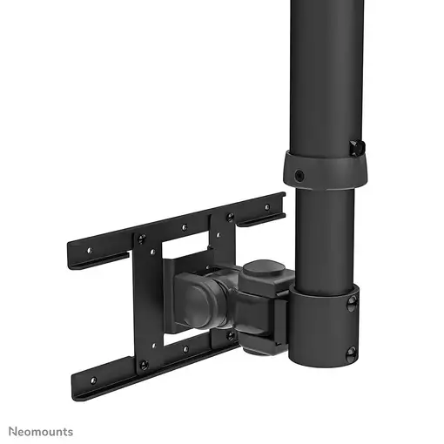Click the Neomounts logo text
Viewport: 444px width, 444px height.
[x=41, y=431]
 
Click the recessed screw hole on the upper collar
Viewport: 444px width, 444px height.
[x=299, y=175]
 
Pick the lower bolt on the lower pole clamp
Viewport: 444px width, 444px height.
[x=351, y=353]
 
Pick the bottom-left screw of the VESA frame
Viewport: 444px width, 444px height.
[x=145, y=364]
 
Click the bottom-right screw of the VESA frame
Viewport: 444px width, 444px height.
[x=231, y=334]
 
